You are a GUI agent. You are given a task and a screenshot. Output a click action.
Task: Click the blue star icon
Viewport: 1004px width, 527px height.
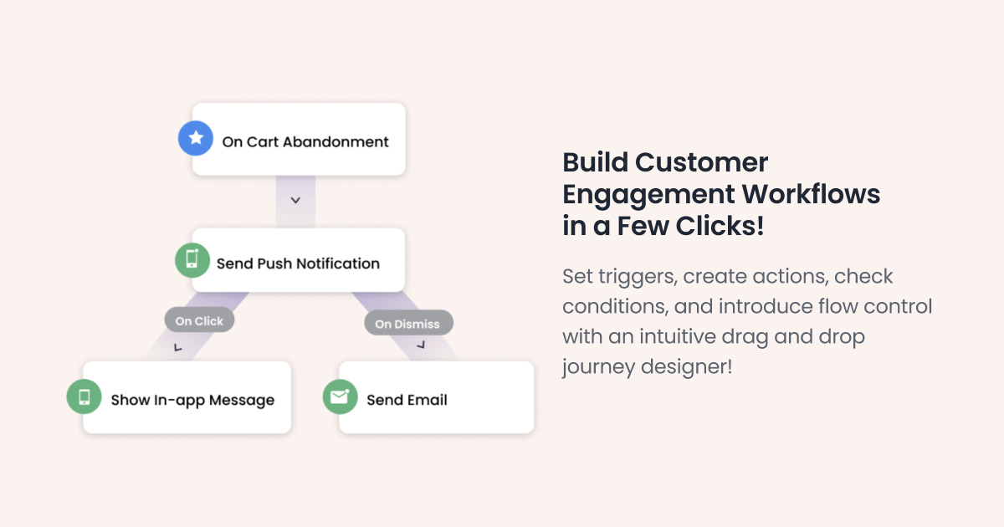coord(196,138)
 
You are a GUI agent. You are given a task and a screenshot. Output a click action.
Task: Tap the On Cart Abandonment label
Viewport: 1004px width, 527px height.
coord(305,142)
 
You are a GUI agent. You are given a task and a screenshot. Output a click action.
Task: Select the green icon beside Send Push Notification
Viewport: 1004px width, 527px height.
coord(192,260)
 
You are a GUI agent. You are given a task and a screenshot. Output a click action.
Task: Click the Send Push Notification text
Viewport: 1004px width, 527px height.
coord(298,263)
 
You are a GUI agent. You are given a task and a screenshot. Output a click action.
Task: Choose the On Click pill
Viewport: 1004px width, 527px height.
coord(199,320)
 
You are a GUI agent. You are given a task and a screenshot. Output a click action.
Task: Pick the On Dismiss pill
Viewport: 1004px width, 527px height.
coord(407,324)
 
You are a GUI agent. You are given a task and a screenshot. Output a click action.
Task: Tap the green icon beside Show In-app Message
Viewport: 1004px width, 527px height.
coord(85,397)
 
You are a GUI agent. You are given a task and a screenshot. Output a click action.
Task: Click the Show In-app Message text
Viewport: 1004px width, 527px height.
coord(192,400)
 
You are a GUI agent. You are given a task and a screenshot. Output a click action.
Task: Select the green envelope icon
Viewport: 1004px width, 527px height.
coord(340,397)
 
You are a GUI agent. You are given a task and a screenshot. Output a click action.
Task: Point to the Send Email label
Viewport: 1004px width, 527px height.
coord(407,400)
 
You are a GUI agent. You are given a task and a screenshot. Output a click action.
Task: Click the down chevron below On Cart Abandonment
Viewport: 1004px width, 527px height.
coord(295,201)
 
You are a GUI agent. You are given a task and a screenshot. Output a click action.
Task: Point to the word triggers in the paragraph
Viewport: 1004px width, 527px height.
coord(632,276)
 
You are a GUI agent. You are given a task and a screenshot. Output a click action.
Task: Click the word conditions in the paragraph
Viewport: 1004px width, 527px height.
coord(612,306)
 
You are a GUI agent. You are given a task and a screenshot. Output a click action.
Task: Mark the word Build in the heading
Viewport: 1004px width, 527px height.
coord(595,162)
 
